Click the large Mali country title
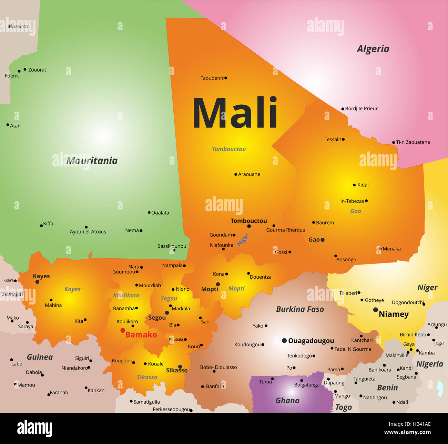(235, 113)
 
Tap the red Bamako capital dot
(123, 330)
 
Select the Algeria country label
(373, 49)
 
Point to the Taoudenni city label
(212, 78)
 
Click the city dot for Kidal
(354, 185)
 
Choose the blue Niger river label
(243, 239)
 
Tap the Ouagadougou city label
(311, 341)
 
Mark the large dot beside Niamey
(375, 310)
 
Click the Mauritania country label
(92, 161)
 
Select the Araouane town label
(249, 174)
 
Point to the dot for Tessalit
(343, 140)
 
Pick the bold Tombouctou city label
(248, 221)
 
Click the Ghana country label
(287, 401)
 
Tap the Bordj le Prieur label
(361, 109)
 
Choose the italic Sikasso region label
(147, 377)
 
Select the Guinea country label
(40, 357)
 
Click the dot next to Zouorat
(25, 69)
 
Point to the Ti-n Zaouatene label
(413, 142)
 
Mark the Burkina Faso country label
(300, 309)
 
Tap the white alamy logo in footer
(34, 429)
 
